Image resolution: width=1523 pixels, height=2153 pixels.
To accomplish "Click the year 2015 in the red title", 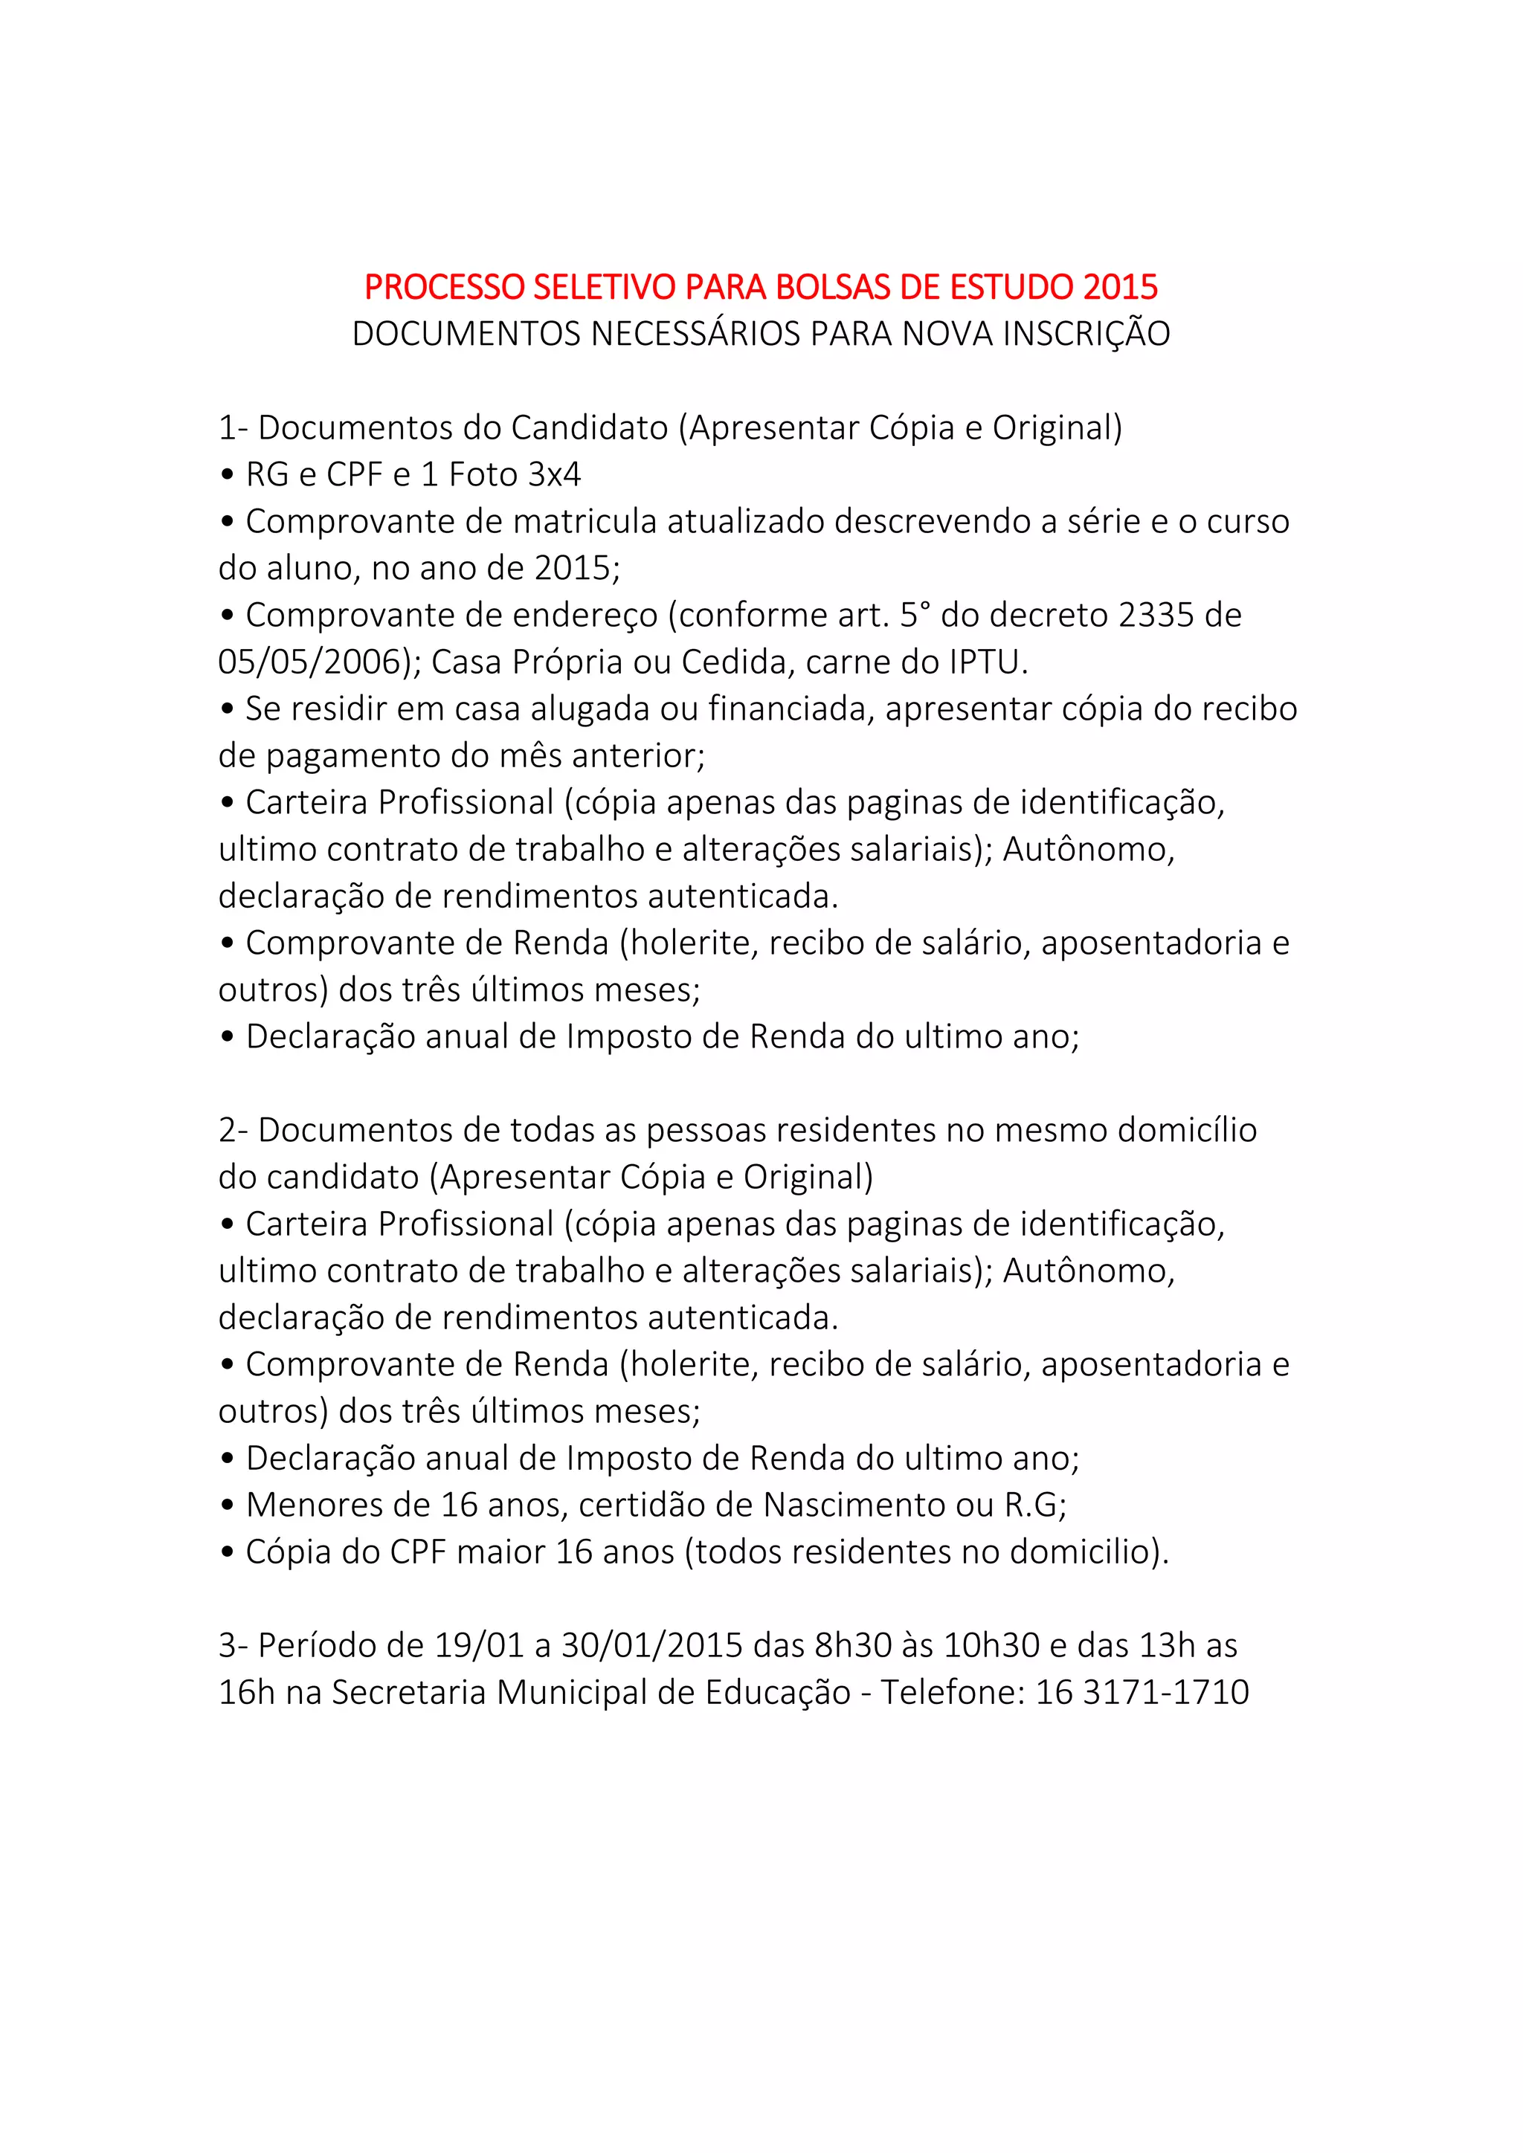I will tap(1120, 287).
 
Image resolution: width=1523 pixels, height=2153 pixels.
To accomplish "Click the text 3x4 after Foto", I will tap(554, 474).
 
